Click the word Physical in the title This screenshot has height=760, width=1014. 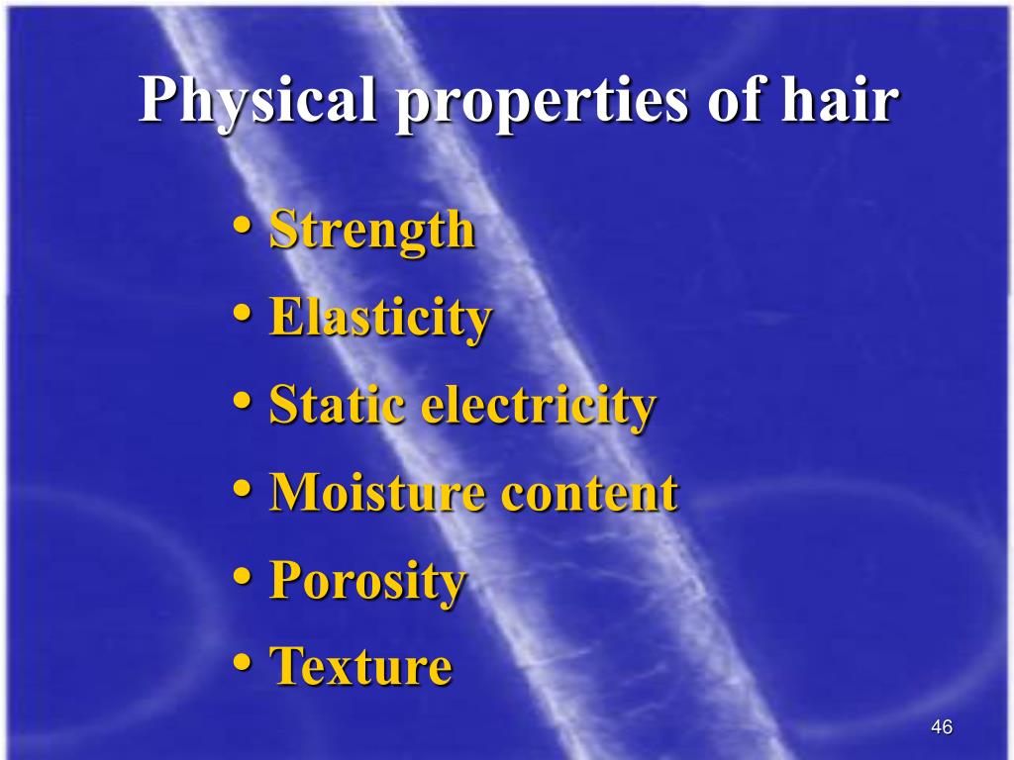coord(258,101)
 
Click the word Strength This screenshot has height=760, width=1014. coord(372,232)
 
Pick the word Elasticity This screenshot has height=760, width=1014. coord(380,319)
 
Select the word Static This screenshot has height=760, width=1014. coord(338,405)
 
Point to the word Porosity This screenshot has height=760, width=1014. coord(367,581)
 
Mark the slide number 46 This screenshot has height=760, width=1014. coord(942,728)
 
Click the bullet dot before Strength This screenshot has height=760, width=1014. coord(243,227)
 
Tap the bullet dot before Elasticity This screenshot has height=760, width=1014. coord(243,314)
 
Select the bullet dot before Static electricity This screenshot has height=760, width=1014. coord(243,401)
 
